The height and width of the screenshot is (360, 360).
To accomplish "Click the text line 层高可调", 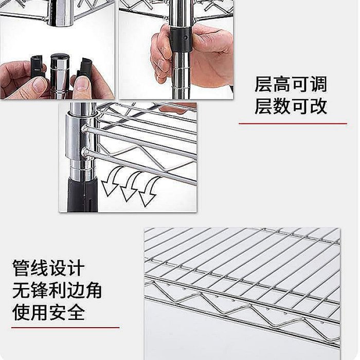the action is click(291, 84).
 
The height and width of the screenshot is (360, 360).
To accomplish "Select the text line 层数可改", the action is click(291, 106).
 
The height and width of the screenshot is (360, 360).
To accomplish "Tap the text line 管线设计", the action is click(48, 268).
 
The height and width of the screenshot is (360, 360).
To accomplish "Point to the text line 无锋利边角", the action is click(57, 290).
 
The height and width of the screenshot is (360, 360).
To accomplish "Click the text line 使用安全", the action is click(48, 312).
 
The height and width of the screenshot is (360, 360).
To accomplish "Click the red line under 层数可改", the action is click(293, 123).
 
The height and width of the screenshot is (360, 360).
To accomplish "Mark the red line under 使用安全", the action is click(65, 328).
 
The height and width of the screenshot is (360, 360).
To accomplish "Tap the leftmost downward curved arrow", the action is click(112, 182).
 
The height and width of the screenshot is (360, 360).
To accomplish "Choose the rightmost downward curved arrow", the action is click(149, 192).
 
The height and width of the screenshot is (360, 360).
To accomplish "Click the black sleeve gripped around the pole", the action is click(181, 40).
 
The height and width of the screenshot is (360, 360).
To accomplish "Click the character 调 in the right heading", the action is click(319, 84).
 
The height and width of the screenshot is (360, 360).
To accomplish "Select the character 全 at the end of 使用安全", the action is click(76, 312).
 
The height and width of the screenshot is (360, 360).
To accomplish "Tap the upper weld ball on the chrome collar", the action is click(84, 128).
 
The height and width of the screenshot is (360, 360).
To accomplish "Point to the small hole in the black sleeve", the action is click(186, 37).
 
